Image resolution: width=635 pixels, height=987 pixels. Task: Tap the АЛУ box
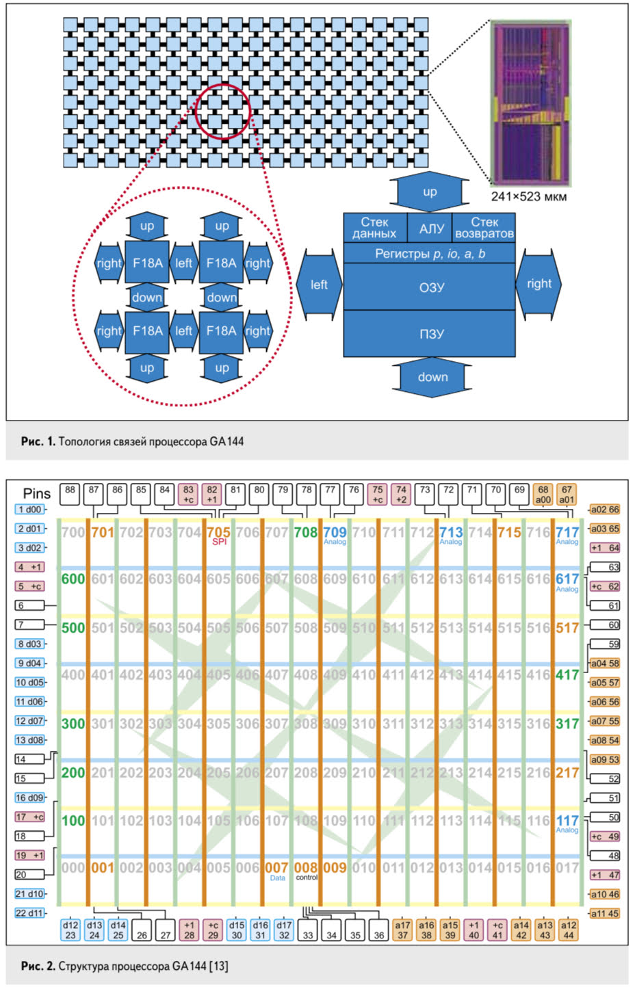point(430,228)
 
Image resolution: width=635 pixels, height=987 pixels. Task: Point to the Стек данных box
point(374,228)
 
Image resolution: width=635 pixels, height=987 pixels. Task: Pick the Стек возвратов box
point(484,228)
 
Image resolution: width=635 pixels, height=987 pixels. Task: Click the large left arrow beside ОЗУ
point(318,285)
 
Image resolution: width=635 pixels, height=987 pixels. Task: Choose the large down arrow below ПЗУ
point(432,377)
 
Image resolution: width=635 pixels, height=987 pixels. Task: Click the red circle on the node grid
point(223,110)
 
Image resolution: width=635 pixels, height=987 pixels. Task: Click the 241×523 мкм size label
point(529,197)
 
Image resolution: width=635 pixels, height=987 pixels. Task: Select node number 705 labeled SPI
point(218,533)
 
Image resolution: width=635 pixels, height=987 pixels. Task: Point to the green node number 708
point(305,532)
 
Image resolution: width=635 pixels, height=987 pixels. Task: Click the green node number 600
point(73,579)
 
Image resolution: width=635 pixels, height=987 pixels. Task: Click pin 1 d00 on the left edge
point(29,510)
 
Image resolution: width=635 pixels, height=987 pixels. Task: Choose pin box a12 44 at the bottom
point(569,930)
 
